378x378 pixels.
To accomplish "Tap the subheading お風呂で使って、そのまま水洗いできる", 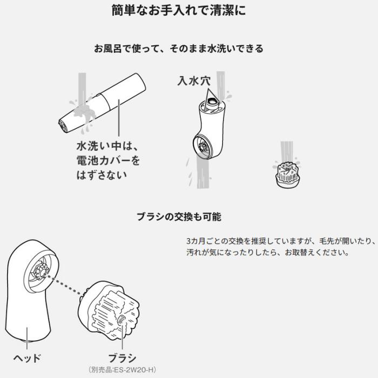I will coord(179,49).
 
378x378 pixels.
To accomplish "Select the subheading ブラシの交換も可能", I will coord(179,217).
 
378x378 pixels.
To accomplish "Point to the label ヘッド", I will coord(28,357).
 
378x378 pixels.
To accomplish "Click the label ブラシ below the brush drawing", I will coord(122,357).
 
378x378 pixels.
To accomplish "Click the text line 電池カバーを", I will coord(108,160).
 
